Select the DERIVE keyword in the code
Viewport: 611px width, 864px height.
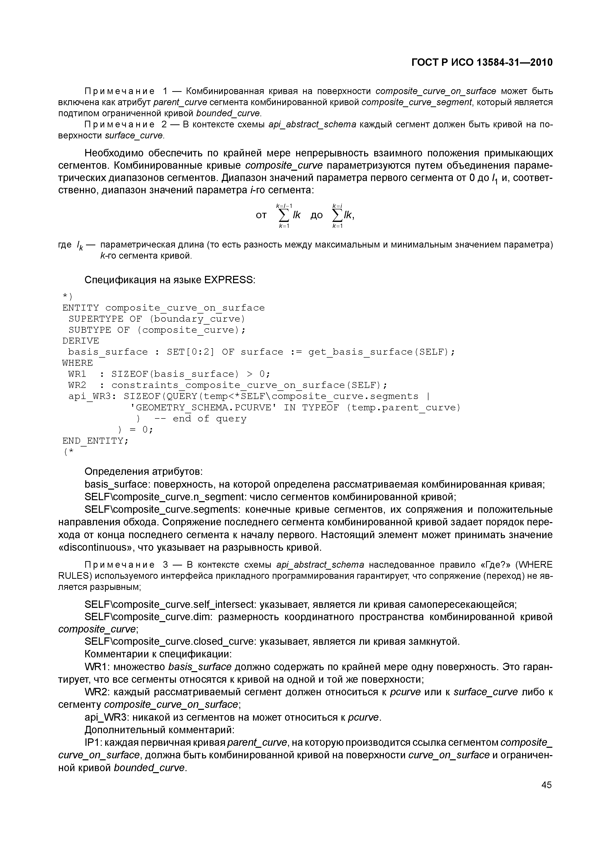click(x=81, y=341)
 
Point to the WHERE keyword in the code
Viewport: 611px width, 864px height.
click(x=78, y=363)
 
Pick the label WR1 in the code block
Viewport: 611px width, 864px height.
click(x=77, y=374)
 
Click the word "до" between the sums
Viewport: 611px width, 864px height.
click(x=317, y=215)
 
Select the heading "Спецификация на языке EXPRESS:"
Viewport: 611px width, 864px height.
click(x=170, y=280)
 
